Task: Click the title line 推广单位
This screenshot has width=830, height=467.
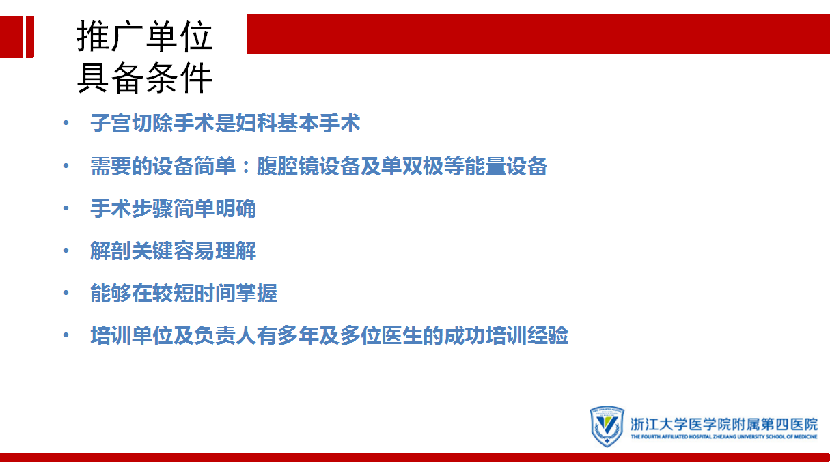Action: [x=145, y=36]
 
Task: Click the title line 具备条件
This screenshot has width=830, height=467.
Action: [x=145, y=78]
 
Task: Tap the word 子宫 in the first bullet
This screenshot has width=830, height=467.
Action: [x=111, y=123]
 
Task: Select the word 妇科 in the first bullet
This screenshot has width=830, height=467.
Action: [x=256, y=123]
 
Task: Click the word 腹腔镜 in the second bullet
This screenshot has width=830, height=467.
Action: [x=288, y=166]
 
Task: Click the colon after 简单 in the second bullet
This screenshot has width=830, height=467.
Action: [x=246, y=167]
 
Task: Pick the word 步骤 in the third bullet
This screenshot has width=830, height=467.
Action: [x=152, y=208]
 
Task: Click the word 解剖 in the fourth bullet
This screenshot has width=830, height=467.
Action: [x=111, y=251]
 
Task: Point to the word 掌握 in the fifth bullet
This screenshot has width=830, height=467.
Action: [x=256, y=294]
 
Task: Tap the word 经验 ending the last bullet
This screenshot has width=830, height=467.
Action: [x=548, y=335]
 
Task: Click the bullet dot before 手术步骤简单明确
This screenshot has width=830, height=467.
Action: [x=66, y=208]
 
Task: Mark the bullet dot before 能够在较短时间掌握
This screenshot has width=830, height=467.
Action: [x=66, y=293]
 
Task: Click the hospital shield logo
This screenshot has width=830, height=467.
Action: [x=607, y=426]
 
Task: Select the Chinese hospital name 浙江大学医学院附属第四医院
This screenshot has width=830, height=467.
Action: [x=724, y=425]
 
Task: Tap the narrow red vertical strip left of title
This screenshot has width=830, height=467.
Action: [x=30, y=37]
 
